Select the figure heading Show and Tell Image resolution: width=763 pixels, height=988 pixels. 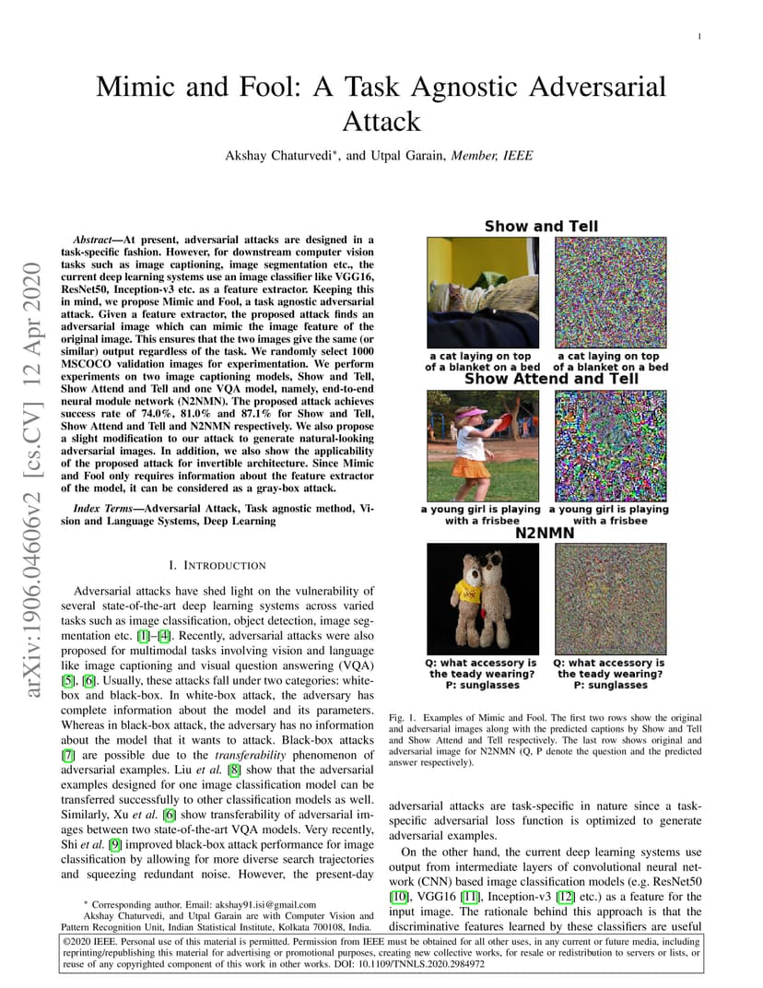pos(541,226)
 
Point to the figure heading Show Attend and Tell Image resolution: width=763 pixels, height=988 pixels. pos(551,379)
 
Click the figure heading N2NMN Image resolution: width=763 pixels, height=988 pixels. pos(546,533)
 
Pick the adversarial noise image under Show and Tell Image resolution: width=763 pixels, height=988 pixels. pos(609,293)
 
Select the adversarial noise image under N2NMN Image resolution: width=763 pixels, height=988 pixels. pos(609,599)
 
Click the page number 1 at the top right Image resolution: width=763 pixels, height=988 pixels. pos(700,37)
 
